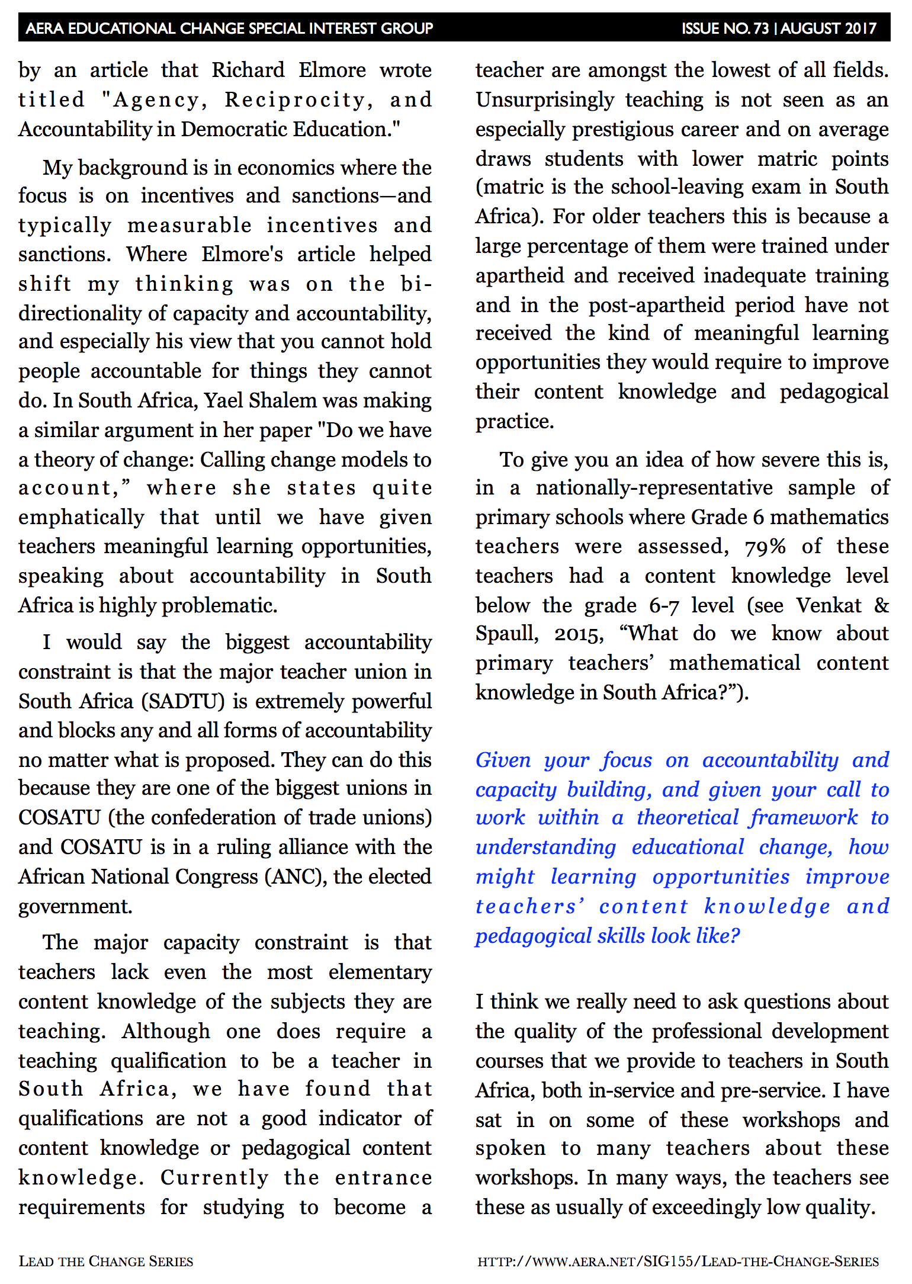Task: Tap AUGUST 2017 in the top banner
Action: (828, 28)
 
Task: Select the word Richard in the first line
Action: (248, 70)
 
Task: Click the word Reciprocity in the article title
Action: (298, 100)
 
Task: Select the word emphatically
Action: (81, 518)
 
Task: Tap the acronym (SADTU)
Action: (183, 702)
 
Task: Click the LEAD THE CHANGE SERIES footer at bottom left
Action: (106, 1261)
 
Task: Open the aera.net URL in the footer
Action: (678, 1261)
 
